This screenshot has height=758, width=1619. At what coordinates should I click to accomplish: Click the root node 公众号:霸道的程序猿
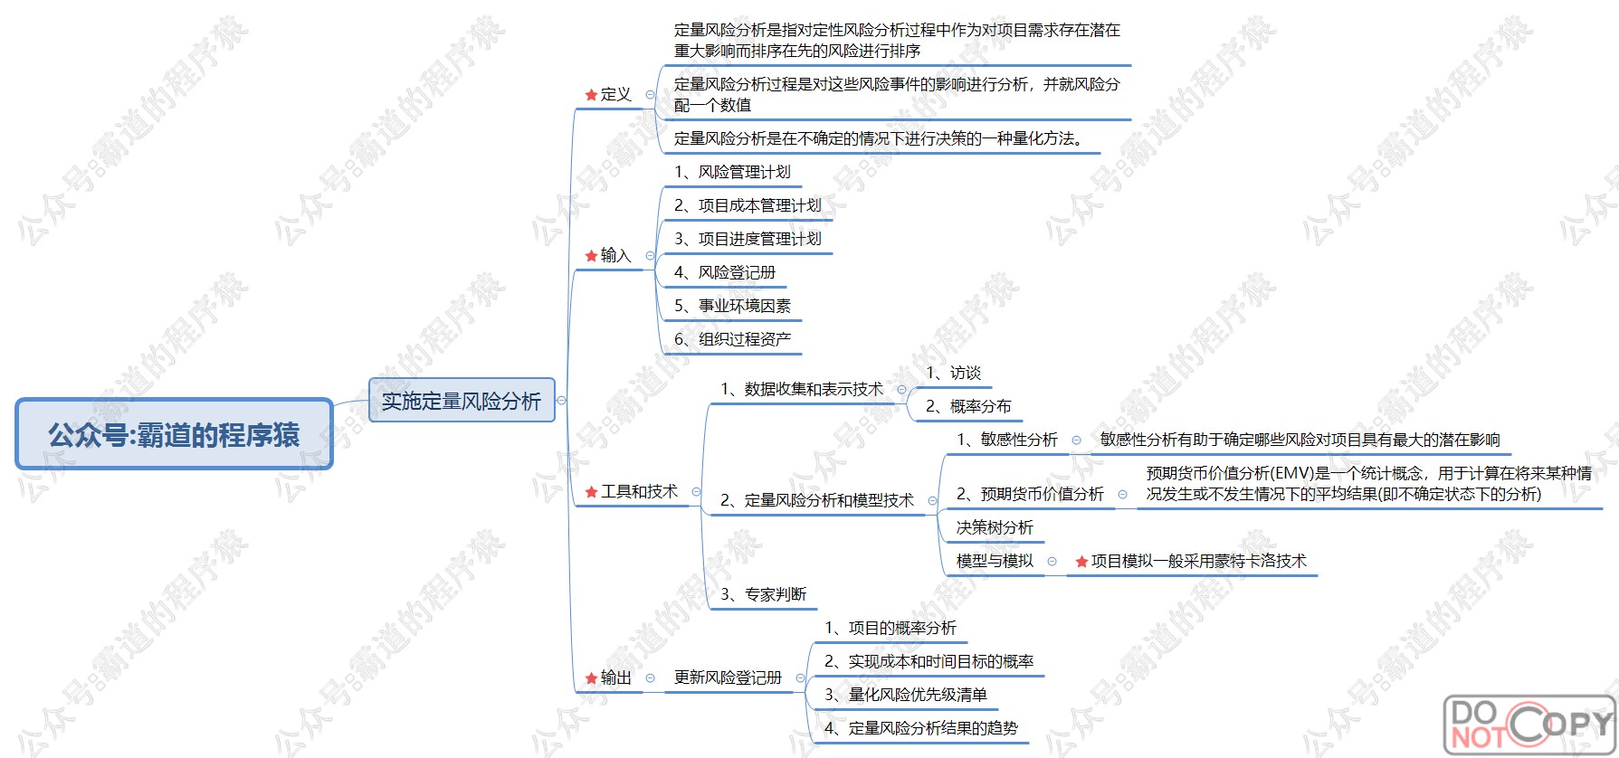pyautogui.click(x=174, y=434)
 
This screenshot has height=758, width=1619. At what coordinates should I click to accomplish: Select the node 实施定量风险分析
pyautogui.click(x=461, y=400)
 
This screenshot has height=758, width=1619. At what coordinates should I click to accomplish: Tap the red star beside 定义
pyautogui.click(x=591, y=95)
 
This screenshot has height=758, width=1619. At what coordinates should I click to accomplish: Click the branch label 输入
pyautogui.click(x=615, y=255)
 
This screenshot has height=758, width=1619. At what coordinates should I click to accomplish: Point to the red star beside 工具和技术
pyautogui.click(x=591, y=492)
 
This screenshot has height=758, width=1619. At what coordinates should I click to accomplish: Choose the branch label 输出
pyautogui.click(x=615, y=677)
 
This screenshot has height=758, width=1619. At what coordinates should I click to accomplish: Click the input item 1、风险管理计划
pyautogui.click(x=732, y=172)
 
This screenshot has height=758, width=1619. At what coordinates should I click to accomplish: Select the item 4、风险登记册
pyautogui.click(x=724, y=272)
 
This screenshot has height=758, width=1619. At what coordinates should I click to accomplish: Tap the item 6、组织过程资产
pyautogui.click(x=732, y=339)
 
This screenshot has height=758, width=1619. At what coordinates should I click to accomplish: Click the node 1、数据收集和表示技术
pyautogui.click(x=801, y=389)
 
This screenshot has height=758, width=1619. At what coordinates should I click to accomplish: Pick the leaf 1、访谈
pyautogui.click(x=953, y=373)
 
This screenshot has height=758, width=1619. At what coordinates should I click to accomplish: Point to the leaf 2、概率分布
pyautogui.click(x=967, y=406)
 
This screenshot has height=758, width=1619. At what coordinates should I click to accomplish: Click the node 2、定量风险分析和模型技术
pyautogui.click(x=816, y=500)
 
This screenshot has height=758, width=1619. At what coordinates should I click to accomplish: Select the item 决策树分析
pyautogui.click(x=994, y=527)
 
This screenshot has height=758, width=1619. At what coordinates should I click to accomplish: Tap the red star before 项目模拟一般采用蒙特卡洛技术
pyautogui.click(x=1081, y=562)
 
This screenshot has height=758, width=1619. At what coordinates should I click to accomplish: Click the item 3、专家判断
pyautogui.click(x=763, y=594)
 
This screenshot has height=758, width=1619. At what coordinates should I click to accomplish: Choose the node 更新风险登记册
pyautogui.click(x=728, y=677)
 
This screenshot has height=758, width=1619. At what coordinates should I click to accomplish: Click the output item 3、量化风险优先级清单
pyautogui.click(x=905, y=695)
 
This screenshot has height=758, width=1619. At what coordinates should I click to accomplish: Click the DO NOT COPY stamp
pyautogui.click(x=1528, y=724)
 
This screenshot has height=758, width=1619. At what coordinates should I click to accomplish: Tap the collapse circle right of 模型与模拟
pyautogui.click(x=1052, y=562)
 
